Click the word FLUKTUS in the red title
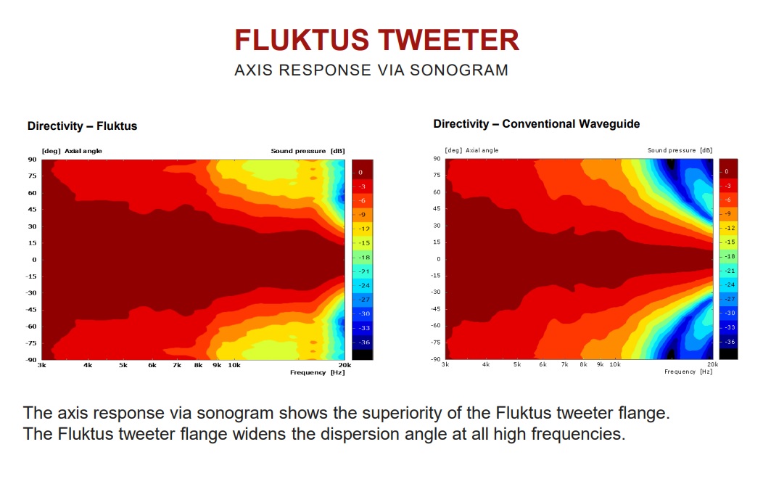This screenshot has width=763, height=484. click(x=302, y=40)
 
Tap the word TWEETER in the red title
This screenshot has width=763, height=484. click(x=449, y=40)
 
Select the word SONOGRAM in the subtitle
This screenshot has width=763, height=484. click(x=459, y=70)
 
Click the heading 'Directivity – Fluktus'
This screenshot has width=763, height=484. click(x=82, y=126)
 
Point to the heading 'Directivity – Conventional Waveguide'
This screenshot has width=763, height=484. click(x=536, y=124)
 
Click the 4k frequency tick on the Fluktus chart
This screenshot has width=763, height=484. click(x=88, y=365)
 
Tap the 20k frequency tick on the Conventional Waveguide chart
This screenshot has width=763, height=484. click(x=712, y=364)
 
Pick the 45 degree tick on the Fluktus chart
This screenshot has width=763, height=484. click(x=32, y=210)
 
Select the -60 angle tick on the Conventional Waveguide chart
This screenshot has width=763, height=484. click(x=435, y=325)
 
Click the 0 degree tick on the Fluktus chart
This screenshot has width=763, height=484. click(x=35, y=260)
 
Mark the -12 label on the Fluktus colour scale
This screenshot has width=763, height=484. click(x=364, y=229)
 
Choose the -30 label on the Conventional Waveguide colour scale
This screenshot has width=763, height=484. click(x=730, y=313)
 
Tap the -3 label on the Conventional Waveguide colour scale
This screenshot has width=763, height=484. click(x=727, y=186)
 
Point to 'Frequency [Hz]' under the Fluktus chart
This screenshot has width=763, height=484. click(x=317, y=372)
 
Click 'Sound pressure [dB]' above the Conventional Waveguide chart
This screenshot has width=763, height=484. click(x=680, y=150)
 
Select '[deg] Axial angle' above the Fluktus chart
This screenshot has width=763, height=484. click(x=72, y=151)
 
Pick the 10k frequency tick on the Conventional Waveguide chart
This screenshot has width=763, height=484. click(x=615, y=364)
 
